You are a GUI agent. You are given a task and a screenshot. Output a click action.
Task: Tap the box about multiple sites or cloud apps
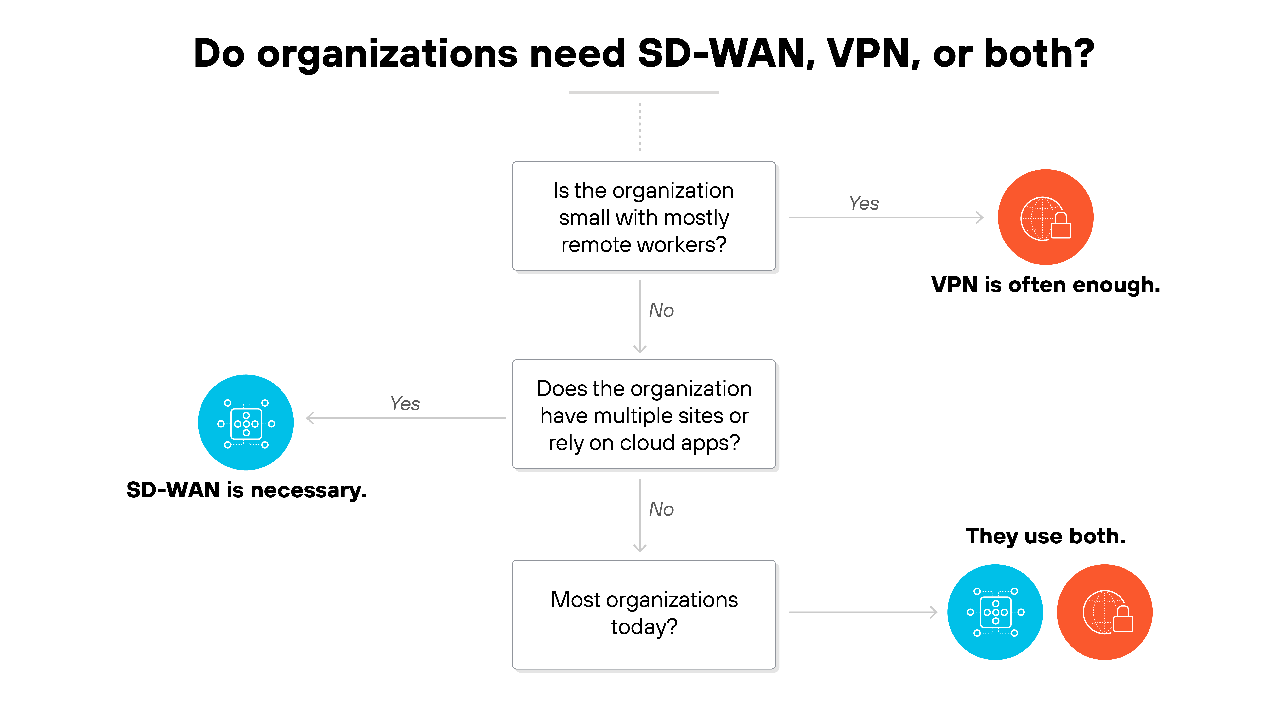point(644,415)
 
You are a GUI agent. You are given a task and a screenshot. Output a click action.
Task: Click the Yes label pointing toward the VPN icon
point(864,203)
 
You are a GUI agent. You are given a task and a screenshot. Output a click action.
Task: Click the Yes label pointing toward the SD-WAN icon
point(405,403)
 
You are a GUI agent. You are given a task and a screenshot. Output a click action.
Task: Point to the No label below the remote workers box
point(661,310)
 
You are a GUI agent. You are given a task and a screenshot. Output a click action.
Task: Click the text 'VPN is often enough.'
point(1045,285)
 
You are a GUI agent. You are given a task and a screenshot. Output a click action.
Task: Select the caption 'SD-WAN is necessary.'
point(246,490)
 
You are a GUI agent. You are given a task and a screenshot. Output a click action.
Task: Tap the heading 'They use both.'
point(1045,536)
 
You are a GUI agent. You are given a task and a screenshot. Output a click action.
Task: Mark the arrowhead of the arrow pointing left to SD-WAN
point(310,418)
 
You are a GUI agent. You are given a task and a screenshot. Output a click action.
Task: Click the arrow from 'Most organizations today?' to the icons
point(863,612)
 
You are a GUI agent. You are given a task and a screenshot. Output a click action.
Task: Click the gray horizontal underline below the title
point(644,93)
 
